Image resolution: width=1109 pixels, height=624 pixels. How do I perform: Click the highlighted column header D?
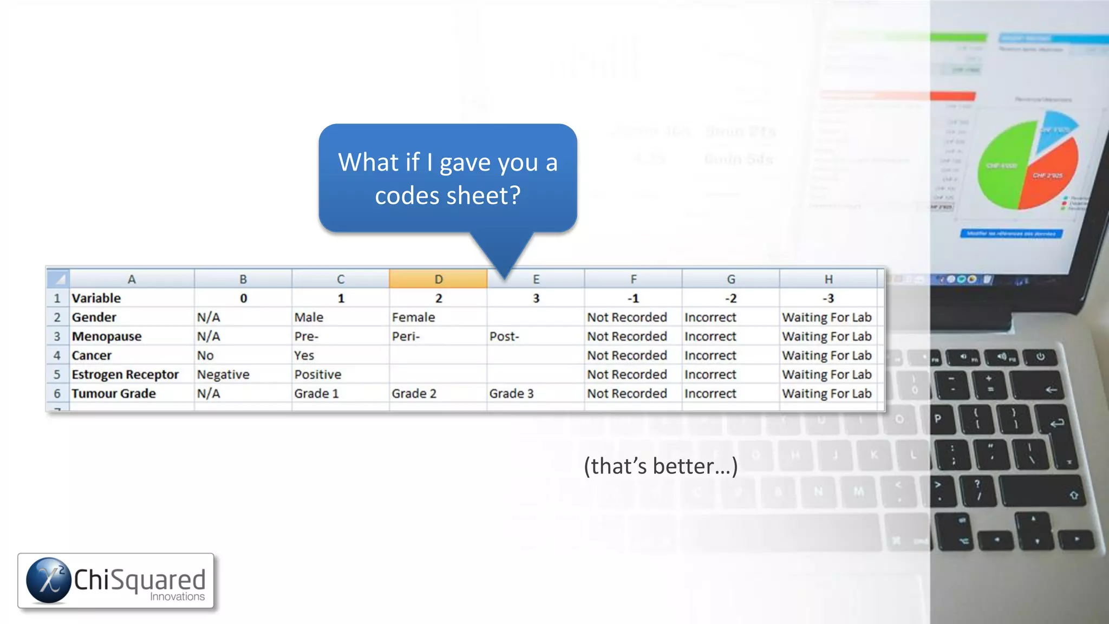pos(438,279)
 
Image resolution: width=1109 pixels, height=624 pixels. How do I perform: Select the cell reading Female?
pos(413,317)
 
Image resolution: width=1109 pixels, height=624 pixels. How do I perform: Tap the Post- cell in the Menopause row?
pos(504,336)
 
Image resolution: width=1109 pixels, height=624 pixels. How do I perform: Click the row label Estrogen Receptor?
pos(125,375)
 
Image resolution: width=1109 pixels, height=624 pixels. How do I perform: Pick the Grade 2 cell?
pos(414,394)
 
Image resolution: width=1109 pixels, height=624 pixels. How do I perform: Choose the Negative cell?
pos(223,375)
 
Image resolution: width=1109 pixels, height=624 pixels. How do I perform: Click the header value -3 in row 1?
pos(828,298)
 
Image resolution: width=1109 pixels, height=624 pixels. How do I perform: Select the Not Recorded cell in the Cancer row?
pos(627,356)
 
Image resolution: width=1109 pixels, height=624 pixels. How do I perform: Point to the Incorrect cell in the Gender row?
pos(710,317)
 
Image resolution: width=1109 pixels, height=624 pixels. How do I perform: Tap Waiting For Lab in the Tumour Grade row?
pos(826,394)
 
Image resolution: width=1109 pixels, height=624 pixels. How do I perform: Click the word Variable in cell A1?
pos(96,298)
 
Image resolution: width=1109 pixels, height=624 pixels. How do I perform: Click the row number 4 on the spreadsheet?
pos(57,356)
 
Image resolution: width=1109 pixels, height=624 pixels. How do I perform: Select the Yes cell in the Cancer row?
pos(304,356)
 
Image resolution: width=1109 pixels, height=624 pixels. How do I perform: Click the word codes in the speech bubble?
pos(407,196)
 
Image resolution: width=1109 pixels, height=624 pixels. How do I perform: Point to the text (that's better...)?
pos(661,466)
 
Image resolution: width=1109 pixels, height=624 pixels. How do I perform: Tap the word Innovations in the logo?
pos(177,597)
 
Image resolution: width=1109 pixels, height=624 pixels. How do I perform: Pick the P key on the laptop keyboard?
pos(938,419)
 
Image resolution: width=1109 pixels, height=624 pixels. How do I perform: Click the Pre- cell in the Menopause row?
pos(306,336)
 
